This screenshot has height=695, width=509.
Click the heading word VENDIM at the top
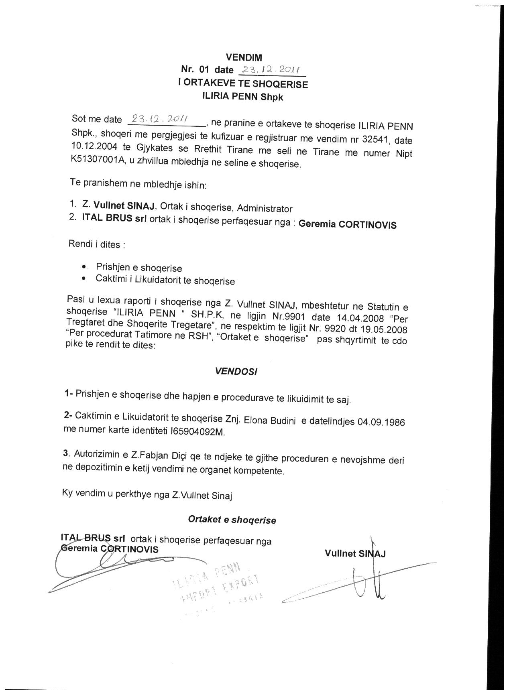[244, 58]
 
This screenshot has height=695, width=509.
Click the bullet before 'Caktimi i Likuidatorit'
[83, 278]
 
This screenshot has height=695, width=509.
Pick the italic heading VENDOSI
[236, 371]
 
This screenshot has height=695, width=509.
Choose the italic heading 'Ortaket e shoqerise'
[232, 520]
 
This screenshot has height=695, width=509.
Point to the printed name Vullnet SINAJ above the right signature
[355, 554]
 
